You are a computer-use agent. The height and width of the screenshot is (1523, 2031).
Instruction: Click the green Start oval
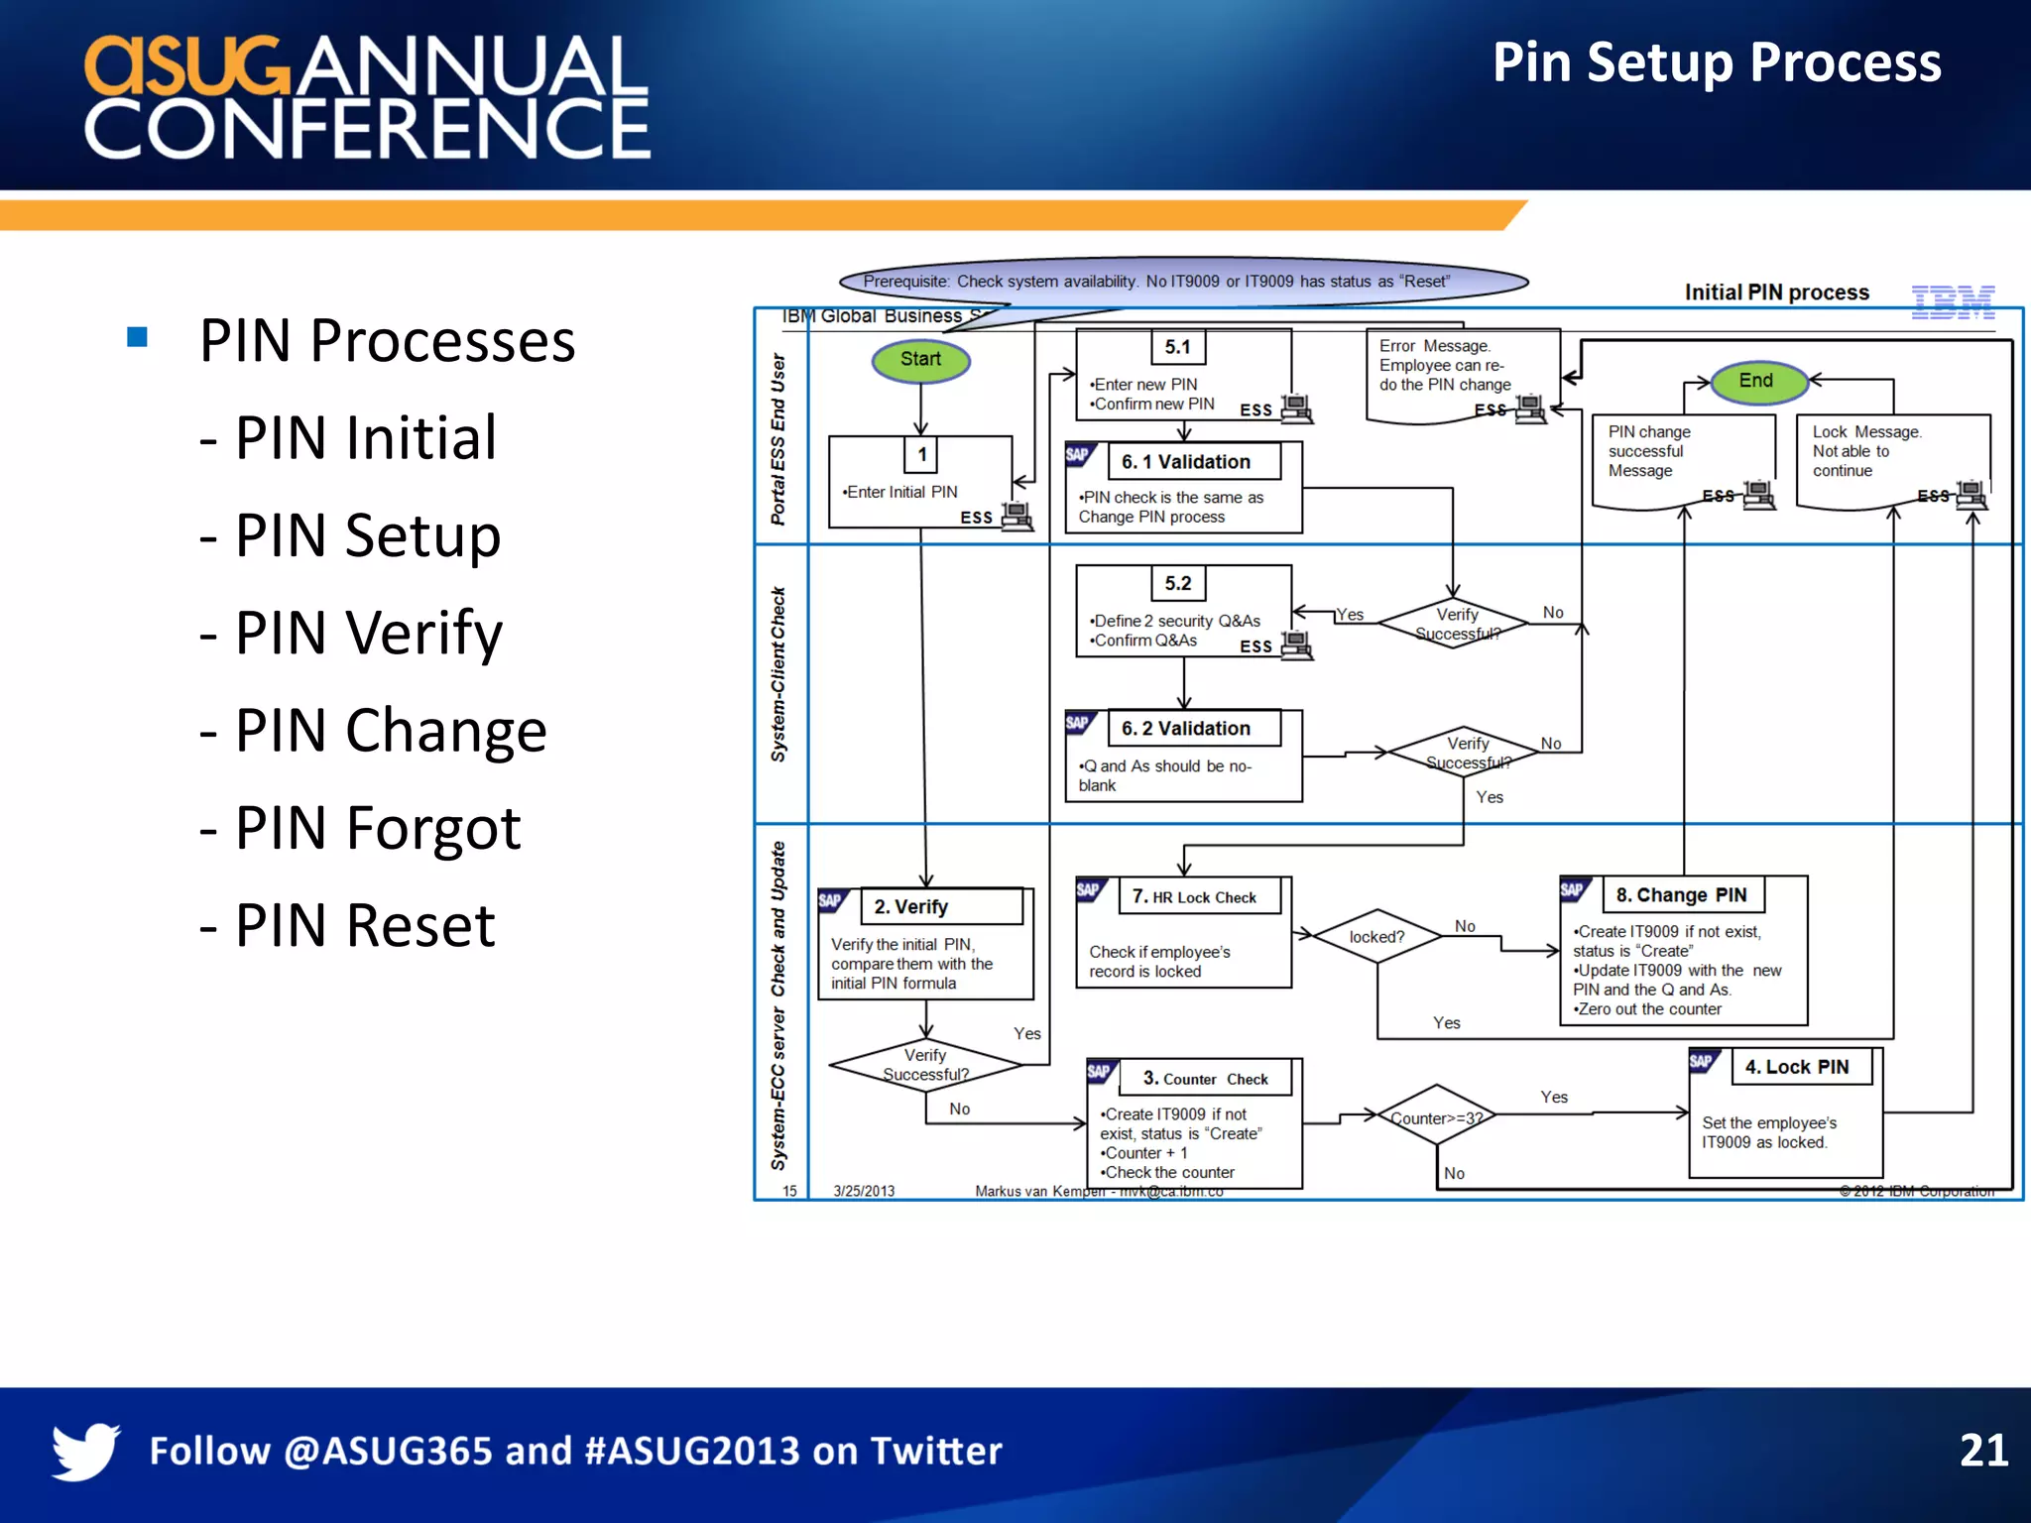point(920,360)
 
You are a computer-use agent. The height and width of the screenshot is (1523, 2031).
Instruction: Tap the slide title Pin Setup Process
point(1716,62)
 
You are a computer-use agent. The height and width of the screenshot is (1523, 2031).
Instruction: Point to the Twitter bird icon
point(86,1451)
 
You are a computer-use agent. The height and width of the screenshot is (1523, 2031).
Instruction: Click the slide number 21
point(1983,1451)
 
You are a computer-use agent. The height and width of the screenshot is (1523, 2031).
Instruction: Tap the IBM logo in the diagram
point(1953,301)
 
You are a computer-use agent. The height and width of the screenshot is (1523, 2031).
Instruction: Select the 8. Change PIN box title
point(1683,895)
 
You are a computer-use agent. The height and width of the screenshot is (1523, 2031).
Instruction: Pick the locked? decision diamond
point(1376,937)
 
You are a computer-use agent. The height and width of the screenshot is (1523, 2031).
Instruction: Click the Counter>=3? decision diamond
point(1436,1118)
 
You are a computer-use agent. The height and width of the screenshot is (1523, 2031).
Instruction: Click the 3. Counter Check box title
point(1205,1079)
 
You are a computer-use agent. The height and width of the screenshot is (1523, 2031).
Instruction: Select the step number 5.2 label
point(1178,584)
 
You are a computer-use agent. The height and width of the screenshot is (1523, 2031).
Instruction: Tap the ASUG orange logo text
point(186,67)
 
